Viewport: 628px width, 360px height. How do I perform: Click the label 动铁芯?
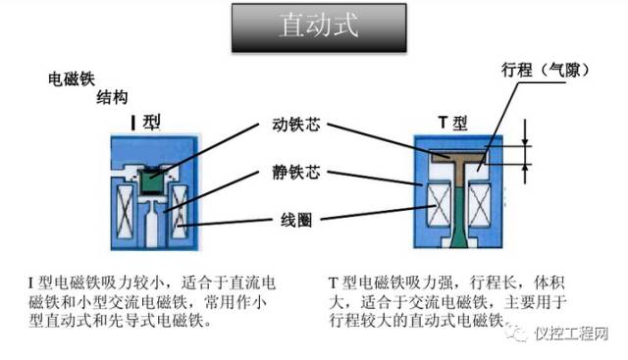(x=295, y=126)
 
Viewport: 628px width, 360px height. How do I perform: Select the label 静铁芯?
(x=295, y=174)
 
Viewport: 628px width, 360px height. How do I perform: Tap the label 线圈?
(x=295, y=220)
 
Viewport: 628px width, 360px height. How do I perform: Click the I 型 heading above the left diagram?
(x=146, y=122)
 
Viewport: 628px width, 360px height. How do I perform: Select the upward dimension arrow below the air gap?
(x=526, y=173)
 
